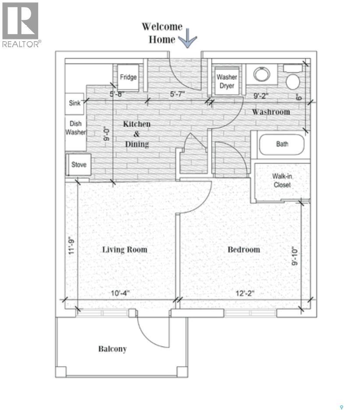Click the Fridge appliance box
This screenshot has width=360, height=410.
coord(128,77)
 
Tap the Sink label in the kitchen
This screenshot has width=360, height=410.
coord(75,104)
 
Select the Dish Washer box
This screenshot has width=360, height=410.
coord(75,128)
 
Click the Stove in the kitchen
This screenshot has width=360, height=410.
coord(79,165)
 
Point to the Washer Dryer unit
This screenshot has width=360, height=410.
coord(227,81)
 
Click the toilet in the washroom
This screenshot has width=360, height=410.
coord(292,79)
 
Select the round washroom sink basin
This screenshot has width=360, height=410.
coord(262,74)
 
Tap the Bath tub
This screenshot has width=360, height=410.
coord(282,144)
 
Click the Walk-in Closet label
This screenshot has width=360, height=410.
coord(282,180)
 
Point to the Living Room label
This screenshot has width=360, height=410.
coord(124,250)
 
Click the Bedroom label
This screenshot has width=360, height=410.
coord(244,250)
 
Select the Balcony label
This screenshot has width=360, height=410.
coord(112,349)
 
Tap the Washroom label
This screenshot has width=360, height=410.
coord(271,112)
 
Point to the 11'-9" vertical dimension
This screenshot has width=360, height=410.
coord(71,246)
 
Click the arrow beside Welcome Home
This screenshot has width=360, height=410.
coord(189,39)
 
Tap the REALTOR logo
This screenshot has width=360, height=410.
coord(21,25)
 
